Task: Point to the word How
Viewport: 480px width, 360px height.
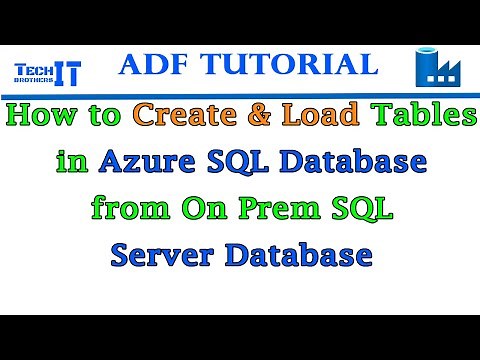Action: pyautogui.click(x=44, y=117)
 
